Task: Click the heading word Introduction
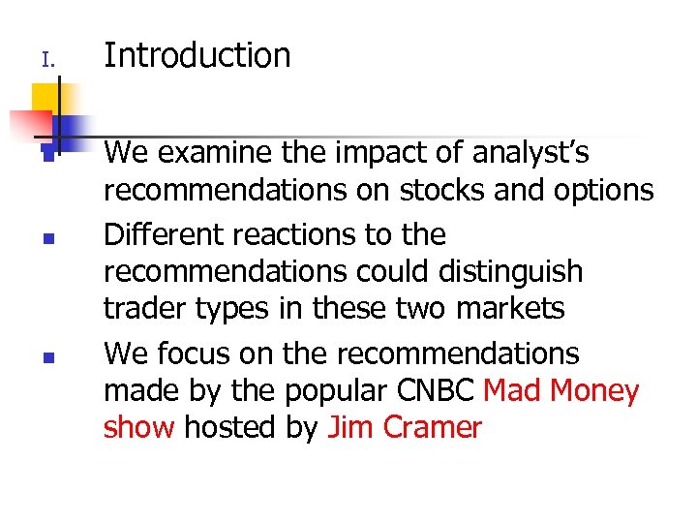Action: click(197, 56)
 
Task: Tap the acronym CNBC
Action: click(447, 391)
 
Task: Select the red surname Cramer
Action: click(432, 428)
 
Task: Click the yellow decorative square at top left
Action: click(45, 98)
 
